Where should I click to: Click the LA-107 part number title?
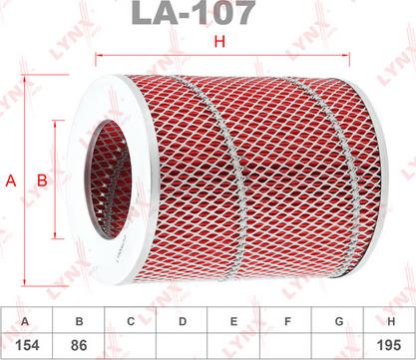[x=194, y=13]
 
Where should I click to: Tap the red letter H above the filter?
[x=219, y=42]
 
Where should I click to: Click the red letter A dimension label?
[x=11, y=181]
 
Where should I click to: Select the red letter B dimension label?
[x=42, y=180]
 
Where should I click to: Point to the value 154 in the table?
[x=27, y=345]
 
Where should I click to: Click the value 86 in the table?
[x=79, y=345]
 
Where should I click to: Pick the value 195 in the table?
[x=389, y=345]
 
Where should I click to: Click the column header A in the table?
[x=25, y=322]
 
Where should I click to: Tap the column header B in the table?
[x=79, y=321]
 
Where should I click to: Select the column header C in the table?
[x=131, y=321]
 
